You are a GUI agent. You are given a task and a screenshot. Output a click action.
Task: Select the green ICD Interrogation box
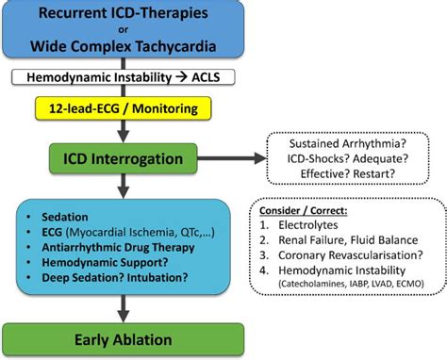[123, 157]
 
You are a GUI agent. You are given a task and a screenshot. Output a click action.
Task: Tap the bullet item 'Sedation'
[72, 214]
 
